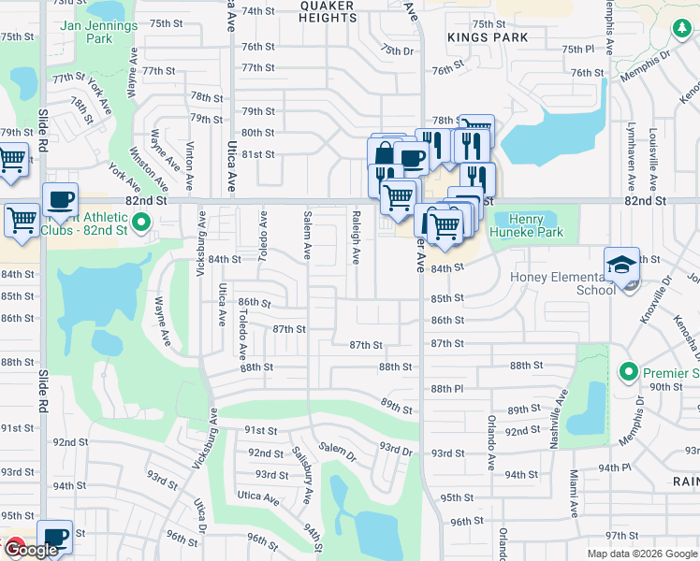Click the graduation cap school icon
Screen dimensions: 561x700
pyautogui.click(x=620, y=266)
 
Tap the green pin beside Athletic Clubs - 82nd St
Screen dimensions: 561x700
pyautogui.click(x=141, y=223)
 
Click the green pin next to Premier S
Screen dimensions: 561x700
pyautogui.click(x=632, y=373)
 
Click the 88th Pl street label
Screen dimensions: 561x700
pyautogui.click(x=447, y=388)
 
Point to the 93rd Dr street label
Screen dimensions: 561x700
pyautogui.click(x=396, y=449)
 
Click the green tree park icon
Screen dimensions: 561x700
pyautogui.click(x=680, y=31)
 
